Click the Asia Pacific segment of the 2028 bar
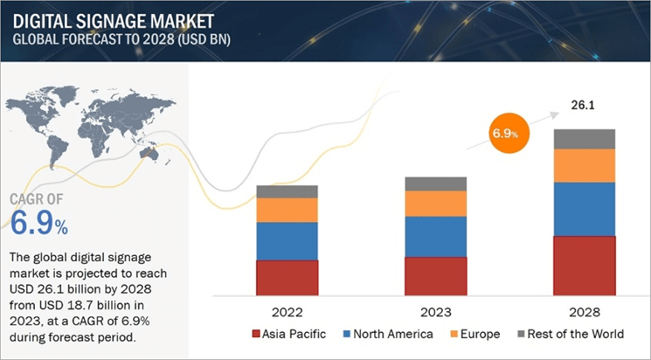tap(585, 265)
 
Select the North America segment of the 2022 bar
tap(287, 240)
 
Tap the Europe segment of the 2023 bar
tap(435, 204)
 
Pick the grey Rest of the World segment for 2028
tap(585, 138)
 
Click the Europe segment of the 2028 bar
tap(585, 165)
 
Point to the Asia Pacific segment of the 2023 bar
tap(435, 274)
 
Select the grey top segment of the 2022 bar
tap(287, 191)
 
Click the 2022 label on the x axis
tap(287, 309)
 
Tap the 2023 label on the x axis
tap(435, 309)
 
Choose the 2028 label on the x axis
tap(585, 309)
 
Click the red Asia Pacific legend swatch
tap(255, 334)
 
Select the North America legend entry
tap(392, 334)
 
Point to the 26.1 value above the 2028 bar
tap(584, 106)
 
